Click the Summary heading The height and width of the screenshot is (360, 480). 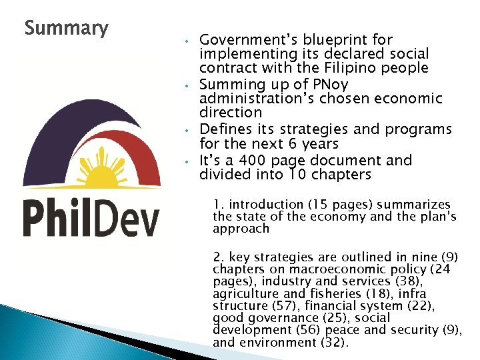coord(66,29)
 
